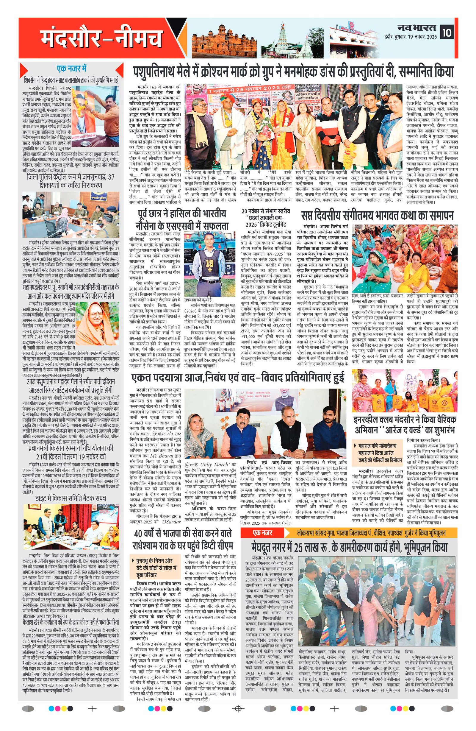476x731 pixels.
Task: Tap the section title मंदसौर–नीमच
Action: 101,38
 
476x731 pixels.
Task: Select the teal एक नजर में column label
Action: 71,68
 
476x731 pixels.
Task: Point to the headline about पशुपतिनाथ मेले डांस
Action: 293,72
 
